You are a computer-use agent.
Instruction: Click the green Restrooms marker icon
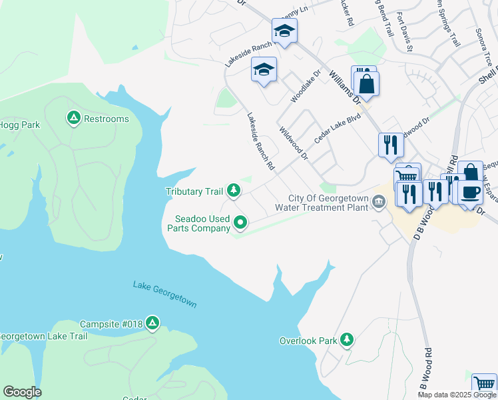tap(73, 119)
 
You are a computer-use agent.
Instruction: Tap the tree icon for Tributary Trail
tap(233, 191)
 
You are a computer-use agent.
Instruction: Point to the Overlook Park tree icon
tap(346, 340)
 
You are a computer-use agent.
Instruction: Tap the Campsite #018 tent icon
tap(152, 324)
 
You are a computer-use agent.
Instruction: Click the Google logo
tap(22, 392)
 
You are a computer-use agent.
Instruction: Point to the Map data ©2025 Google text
tap(457, 395)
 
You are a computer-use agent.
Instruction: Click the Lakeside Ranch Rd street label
tap(261, 141)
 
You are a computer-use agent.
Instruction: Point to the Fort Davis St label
tap(405, 40)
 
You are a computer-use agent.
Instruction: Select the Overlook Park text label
tap(308, 341)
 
